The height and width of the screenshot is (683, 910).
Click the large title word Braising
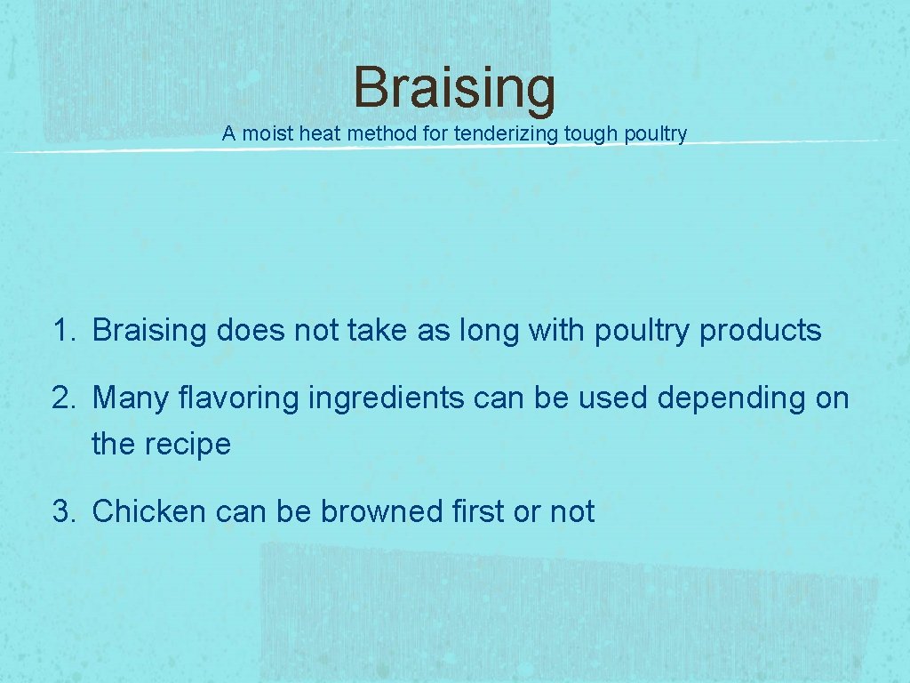pyautogui.click(x=454, y=88)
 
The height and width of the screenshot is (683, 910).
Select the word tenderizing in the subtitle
pyautogui.click(x=505, y=134)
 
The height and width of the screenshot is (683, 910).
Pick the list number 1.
pyautogui.click(x=61, y=331)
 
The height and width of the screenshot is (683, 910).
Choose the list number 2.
pyautogui.click(x=61, y=398)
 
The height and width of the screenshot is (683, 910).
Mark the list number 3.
pyautogui.click(x=61, y=511)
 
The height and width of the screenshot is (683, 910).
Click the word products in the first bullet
pyautogui.click(x=761, y=331)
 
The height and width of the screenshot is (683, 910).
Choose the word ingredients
pyautogui.click(x=386, y=398)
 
